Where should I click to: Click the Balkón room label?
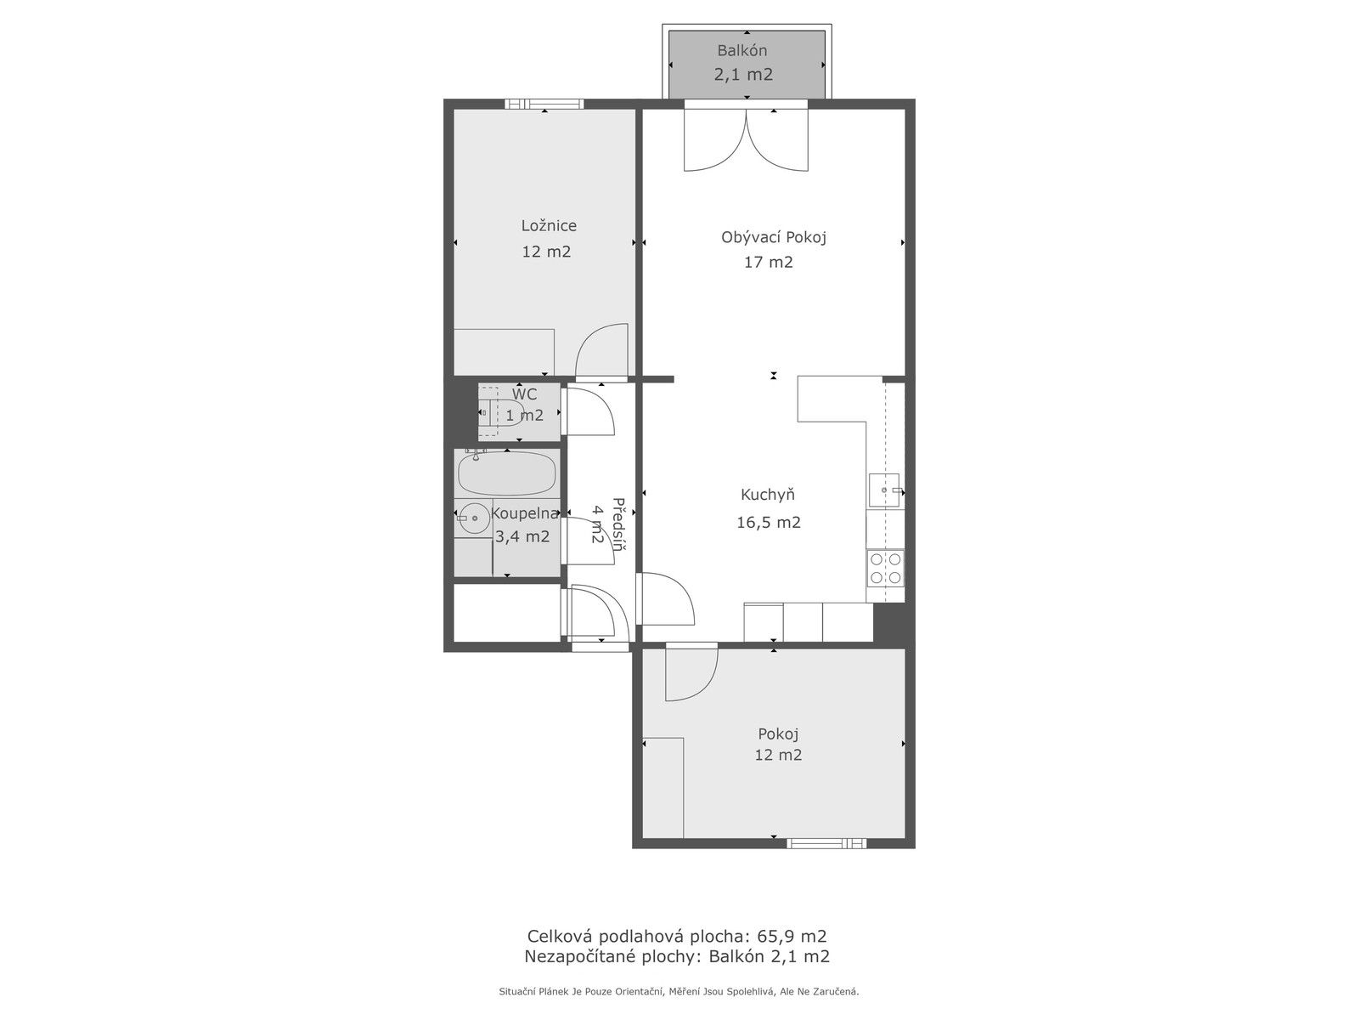(742, 50)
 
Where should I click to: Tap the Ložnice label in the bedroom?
(549, 225)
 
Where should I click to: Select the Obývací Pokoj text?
(773, 237)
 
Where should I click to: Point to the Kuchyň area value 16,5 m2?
(769, 522)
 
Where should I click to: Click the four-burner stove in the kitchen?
(885, 568)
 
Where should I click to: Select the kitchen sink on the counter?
(883, 490)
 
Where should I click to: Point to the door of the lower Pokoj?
(690, 674)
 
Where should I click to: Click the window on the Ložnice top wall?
(544, 105)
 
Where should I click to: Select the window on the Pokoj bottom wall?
(826, 843)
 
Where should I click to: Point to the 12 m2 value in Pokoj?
(778, 755)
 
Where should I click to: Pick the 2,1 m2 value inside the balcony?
(743, 74)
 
